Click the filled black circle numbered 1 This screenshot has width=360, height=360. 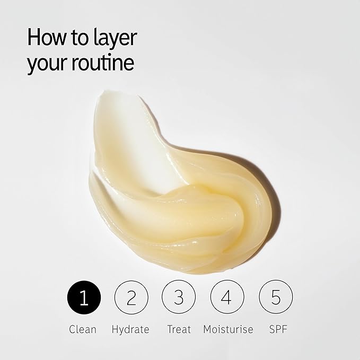pos(84,297)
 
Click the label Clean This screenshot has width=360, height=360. pos(83,329)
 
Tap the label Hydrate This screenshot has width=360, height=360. pos(130,330)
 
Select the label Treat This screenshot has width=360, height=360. pos(179,329)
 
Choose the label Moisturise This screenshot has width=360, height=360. pos(228,329)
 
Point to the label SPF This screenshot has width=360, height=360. pos(278,329)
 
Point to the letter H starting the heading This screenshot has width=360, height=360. pos(33,37)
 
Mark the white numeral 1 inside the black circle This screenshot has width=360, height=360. pos(84,297)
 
